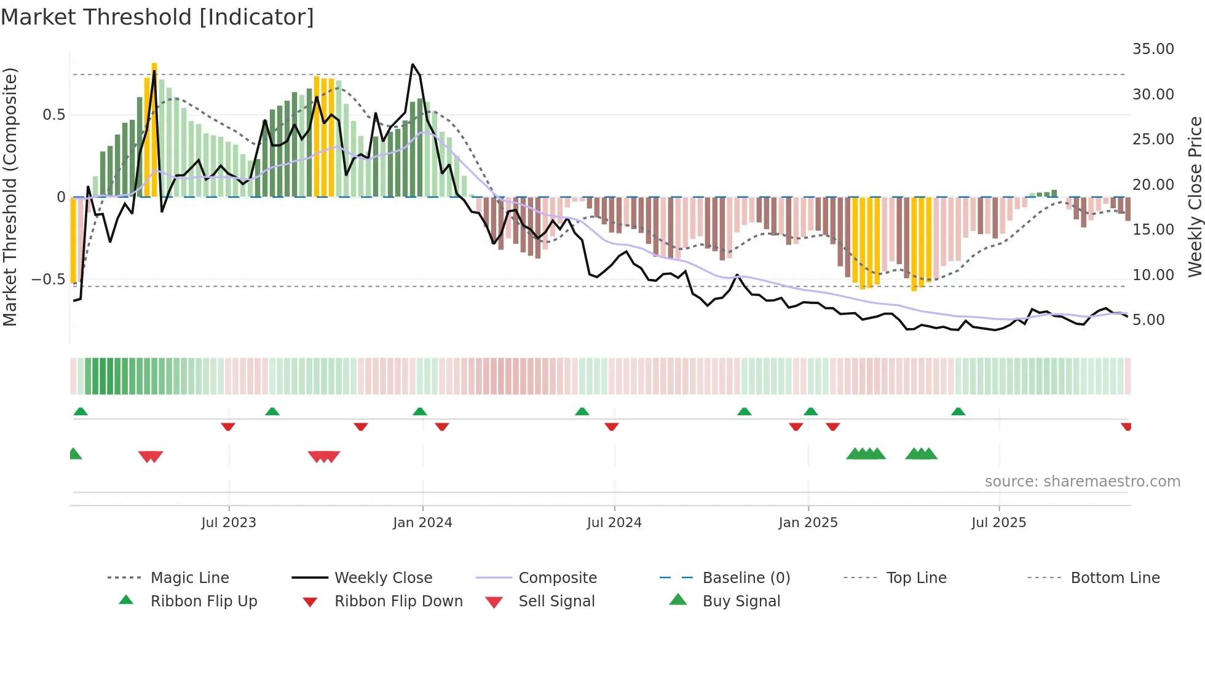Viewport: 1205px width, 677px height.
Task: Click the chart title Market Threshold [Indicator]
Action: point(157,17)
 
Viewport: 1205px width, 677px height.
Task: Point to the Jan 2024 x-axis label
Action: point(422,523)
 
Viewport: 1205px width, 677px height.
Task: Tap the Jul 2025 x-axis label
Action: point(998,523)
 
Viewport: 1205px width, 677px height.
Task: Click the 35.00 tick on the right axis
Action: point(1153,49)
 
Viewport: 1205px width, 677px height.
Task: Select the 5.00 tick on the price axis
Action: point(1148,320)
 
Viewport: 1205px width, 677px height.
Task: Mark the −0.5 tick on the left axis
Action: point(48,280)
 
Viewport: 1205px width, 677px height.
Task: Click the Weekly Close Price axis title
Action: point(1195,197)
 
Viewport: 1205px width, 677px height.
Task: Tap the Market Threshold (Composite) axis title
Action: point(10,197)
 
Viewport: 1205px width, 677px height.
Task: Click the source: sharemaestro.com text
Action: point(1082,482)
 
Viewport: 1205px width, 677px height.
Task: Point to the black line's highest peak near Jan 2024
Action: point(413,65)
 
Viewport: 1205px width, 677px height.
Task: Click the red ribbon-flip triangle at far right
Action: point(1126,427)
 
